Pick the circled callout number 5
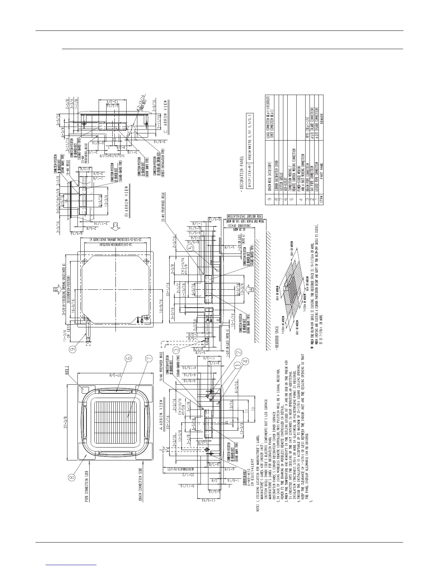tap(191, 247)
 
